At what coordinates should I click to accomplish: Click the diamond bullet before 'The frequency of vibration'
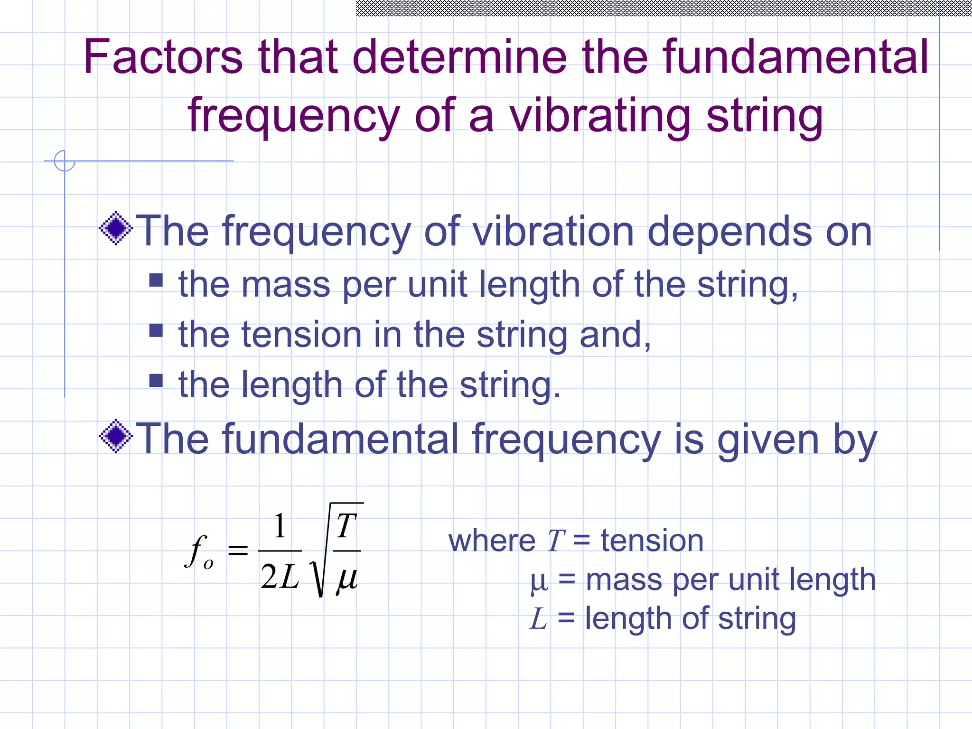coord(116,229)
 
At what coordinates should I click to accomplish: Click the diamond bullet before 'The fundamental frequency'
coord(116,436)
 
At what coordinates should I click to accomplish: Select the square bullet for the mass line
coord(156,280)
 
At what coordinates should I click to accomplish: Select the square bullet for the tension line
coord(156,330)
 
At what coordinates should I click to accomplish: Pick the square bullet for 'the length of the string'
coord(156,381)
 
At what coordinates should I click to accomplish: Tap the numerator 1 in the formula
coord(280,526)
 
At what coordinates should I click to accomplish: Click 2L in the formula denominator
coord(280,577)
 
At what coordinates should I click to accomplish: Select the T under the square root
coord(346,526)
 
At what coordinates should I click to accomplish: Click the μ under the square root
coord(346,579)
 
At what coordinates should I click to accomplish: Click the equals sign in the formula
coord(238,551)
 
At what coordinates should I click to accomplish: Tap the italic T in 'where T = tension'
coord(555,541)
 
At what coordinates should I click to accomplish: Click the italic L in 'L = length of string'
coord(539,618)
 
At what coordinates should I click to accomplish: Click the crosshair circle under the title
coord(65,161)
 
